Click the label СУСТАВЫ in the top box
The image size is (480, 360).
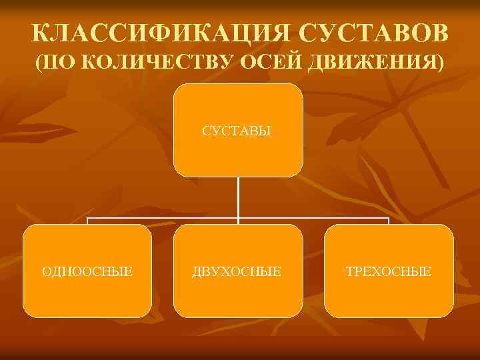click(x=238, y=131)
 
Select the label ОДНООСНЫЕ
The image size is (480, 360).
click(x=87, y=271)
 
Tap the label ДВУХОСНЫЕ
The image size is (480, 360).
click(x=237, y=271)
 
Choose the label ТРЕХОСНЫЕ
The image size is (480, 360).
click(x=388, y=271)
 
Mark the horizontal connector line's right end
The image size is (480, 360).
click(x=388, y=219)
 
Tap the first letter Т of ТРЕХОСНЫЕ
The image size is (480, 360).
click(x=349, y=271)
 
